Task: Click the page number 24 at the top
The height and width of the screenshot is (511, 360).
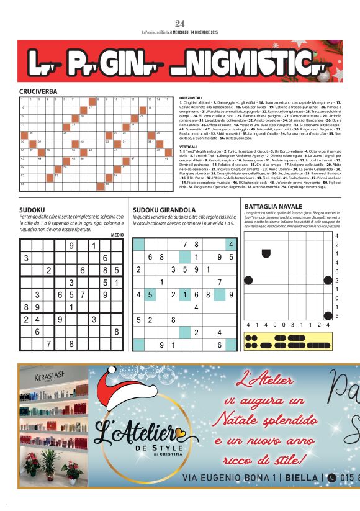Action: [180, 24]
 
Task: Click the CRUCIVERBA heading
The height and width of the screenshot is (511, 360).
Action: [38, 91]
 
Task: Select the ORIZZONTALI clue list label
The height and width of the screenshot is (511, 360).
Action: [191, 98]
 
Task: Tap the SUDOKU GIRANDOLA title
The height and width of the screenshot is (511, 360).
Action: [164, 210]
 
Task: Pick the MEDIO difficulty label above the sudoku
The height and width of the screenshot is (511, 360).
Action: [117, 235]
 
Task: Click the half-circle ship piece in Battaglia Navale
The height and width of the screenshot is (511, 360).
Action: [266, 253]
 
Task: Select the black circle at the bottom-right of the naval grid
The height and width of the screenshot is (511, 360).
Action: [328, 316]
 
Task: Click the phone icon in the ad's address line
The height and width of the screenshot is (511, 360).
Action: [332, 477]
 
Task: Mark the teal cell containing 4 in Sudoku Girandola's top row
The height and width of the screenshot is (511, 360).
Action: [231, 245]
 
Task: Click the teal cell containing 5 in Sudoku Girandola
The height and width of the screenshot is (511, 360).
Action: [150, 294]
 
